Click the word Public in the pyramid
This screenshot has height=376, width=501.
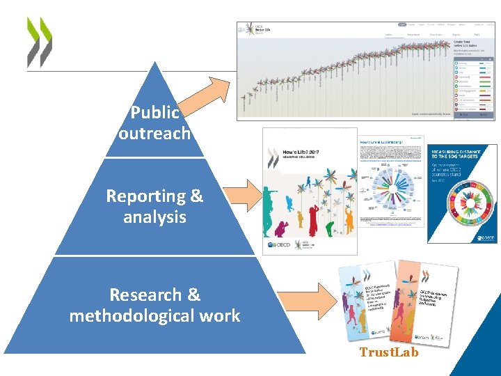pos(154,113)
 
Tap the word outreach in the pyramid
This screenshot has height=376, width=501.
pos(154,133)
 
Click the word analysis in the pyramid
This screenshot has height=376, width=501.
pos(154,217)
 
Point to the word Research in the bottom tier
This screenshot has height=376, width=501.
pos(145,295)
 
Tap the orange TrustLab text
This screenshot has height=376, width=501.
pos(389,352)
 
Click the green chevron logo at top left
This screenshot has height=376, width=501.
pos(39,42)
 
